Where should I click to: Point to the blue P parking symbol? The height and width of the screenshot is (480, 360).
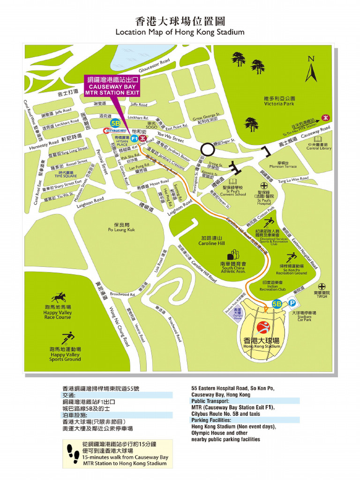click(292, 304)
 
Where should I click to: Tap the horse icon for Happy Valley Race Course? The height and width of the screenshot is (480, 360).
click(59, 298)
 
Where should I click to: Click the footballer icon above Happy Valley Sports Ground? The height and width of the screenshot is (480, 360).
click(67, 338)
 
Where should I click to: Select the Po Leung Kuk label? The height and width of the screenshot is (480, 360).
click(121, 227)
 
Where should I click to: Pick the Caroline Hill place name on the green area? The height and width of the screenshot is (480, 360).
click(212, 241)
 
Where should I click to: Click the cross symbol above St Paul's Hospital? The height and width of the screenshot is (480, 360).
click(264, 186)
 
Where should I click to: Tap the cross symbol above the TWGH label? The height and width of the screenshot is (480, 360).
click(322, 286)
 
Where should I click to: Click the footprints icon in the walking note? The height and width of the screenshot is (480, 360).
click(73, 454)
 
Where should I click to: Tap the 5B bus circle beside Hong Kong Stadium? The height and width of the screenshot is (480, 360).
click(277, 304)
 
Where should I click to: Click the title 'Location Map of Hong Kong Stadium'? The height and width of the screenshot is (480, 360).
click(180, 32)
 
